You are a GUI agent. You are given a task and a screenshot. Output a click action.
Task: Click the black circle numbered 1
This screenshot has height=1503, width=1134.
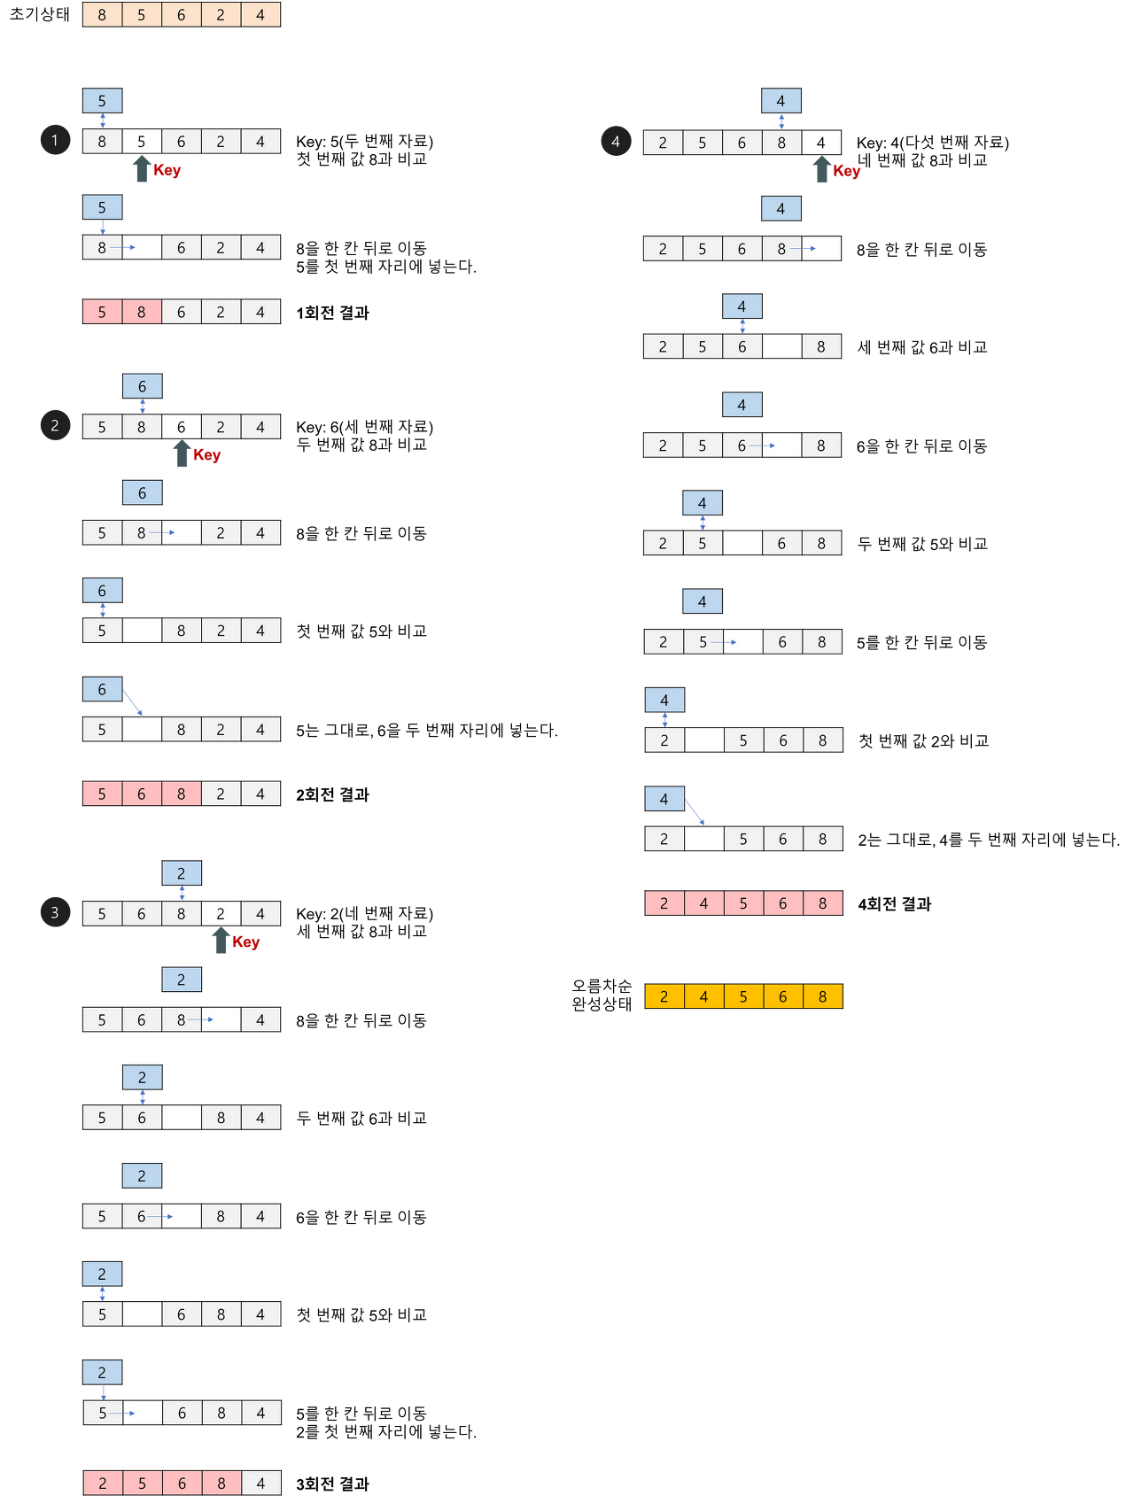pyautogui.click(x=55, y=140)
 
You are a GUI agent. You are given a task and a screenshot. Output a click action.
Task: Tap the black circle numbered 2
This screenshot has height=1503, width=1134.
pyautogui.click(x=55, y=426)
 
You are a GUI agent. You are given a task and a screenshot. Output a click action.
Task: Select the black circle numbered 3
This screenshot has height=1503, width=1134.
pyautogui.click(x=55, y=912)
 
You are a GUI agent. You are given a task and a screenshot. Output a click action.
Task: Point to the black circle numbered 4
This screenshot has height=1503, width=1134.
pyautogui.click(x=616, y=141)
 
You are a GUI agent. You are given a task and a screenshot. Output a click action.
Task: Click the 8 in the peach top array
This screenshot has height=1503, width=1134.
pyautogui.click(x=102, y=15)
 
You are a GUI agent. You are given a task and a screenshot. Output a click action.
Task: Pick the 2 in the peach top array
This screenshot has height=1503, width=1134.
pyautogui.click(x=221, y=15)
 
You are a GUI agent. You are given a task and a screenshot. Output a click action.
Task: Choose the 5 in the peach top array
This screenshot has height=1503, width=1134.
pyautogui.click(x=142, y=15)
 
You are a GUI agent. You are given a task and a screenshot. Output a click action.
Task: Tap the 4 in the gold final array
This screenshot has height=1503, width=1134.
pyautogui.click(x=703, y=996)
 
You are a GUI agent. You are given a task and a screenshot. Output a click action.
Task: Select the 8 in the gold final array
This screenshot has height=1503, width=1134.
pyautogui.click(x=822, y=996)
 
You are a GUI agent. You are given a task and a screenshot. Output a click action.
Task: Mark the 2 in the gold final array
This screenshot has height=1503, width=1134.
pyautogui.click(x=664, y=996)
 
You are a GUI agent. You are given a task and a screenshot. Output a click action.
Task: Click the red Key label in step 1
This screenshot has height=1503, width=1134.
pyautogui.click(x=167, y=170)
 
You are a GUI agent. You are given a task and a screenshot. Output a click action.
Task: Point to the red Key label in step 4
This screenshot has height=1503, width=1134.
pyautogui.click(x=848, y=171)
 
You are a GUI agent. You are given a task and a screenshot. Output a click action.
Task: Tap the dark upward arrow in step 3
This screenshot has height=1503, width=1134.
pyautogui.click(x=221, y=941)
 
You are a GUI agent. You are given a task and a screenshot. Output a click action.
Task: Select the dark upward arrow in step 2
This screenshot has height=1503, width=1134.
pyautogui.click(x=182, y=454)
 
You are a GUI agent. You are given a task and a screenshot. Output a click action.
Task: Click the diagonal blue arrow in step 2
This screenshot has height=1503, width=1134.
pyautogui.click(x=134, y=701)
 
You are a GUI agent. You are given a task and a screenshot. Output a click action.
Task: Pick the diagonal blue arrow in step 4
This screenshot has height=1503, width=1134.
pyautogui.click(x=696, y=811)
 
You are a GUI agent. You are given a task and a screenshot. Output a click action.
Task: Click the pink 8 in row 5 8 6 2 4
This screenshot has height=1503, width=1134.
pyautogui.click(x=142, y=312)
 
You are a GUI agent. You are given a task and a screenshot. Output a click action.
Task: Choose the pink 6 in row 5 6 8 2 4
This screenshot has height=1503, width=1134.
pyautogui.click(x=142, y=794)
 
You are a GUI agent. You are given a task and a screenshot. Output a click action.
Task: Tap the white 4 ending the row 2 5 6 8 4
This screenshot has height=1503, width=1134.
pyautogui.click(x=260, y=1483)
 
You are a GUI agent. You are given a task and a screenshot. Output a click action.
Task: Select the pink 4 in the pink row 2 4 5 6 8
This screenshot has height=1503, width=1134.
pyautogui.click(x=703, y=903)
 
